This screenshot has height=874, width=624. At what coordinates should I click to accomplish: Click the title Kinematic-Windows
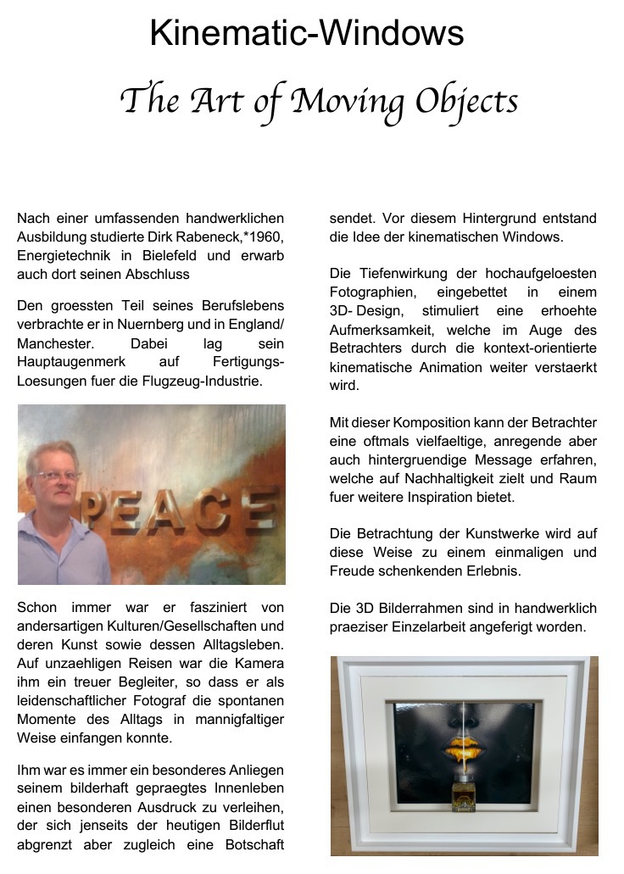tap(307, 34)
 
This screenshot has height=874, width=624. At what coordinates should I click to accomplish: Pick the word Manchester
tap(55, 343)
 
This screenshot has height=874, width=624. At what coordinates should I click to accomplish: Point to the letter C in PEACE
tap(212, 511)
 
